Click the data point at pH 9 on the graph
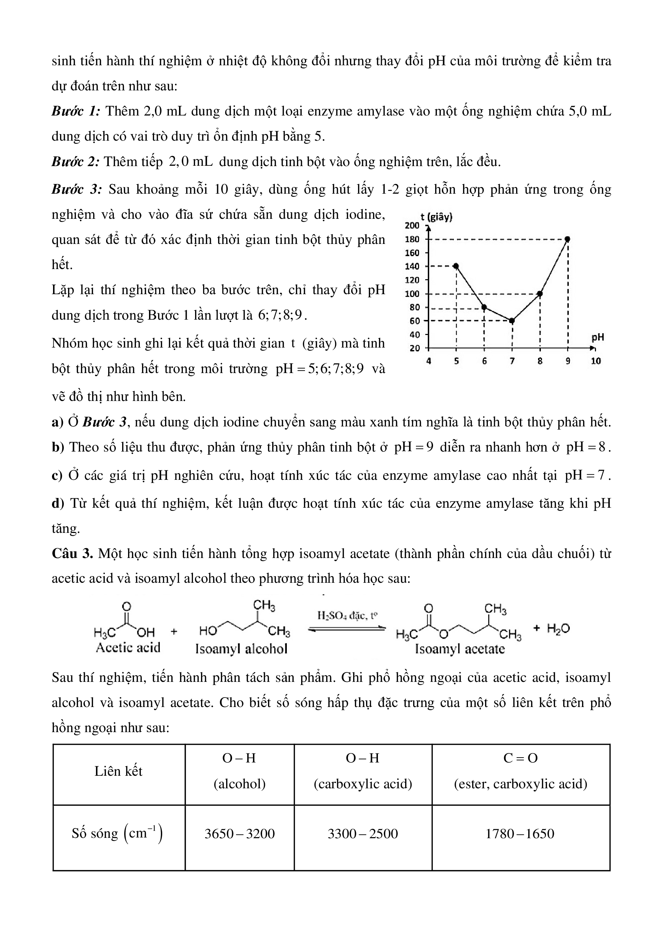click(567, 239)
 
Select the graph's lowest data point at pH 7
click(512, 321)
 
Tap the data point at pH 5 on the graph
click(456, 266)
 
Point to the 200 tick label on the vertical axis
click(412, 225)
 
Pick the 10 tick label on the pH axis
click(596, 361)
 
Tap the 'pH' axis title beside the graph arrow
click(598, 337)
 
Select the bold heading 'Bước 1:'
click(76, 111)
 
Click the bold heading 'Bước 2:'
click(76, 162)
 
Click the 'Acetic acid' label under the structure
click(128, 648)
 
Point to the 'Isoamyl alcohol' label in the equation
click(241, 649)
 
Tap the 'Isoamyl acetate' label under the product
click(460, 649)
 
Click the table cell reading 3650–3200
click(239, 833)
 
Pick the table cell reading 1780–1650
click(520, 833)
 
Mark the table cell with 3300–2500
click(363, 833)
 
